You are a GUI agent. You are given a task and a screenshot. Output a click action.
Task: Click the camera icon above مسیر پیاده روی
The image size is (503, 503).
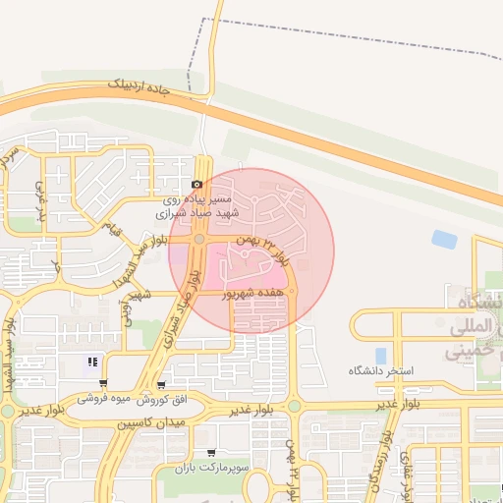[x=197, y=184]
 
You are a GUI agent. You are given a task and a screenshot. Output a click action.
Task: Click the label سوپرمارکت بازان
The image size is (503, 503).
[x=209, y=470]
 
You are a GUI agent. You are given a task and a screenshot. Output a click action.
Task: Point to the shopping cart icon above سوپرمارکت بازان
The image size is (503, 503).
[x=210, y=453]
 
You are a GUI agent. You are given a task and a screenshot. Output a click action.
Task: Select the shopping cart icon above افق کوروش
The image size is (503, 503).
[x=161, y=384]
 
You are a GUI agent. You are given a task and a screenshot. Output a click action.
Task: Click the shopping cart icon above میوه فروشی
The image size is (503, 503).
[x=103, y=384]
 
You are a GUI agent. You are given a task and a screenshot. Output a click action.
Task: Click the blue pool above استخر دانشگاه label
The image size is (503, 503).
[x=381, y=355]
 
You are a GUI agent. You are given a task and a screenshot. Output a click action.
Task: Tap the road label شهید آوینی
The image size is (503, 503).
[x=131, y=307]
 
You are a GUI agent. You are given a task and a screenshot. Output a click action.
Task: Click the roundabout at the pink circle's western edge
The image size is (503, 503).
[x=199, y=238]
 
